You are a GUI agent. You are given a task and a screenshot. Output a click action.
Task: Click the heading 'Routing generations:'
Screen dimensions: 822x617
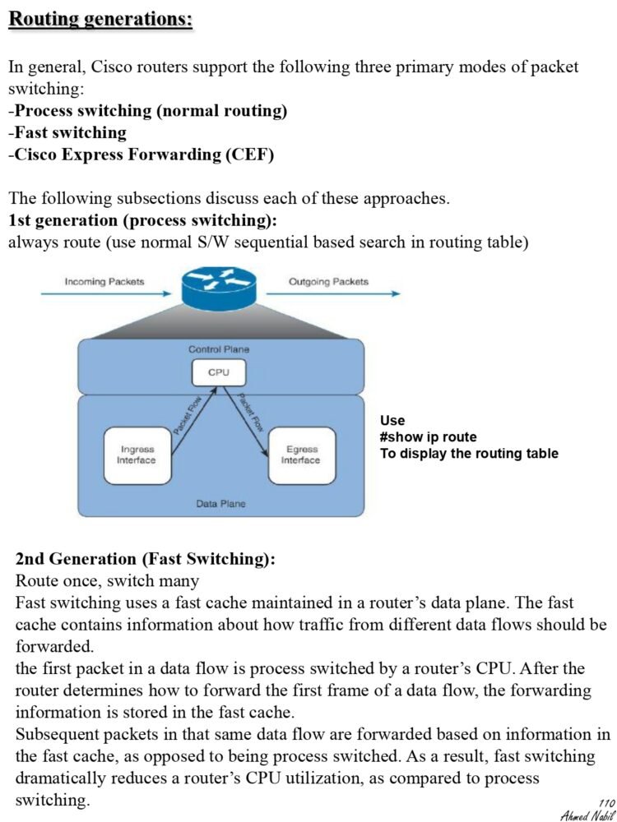[100, 18]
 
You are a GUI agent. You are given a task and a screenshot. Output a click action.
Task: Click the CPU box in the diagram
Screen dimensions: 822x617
[218, 372]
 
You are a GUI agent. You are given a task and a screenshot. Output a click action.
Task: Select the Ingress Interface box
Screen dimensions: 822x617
[137, 455]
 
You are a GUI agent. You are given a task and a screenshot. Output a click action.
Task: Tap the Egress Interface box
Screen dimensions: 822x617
[301, 455]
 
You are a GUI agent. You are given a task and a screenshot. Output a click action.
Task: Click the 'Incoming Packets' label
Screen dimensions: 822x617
[104, 282]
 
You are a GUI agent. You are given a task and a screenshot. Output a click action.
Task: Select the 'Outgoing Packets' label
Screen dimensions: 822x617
[328, 282]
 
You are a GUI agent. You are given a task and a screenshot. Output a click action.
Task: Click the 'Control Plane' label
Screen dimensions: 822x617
[218, 349]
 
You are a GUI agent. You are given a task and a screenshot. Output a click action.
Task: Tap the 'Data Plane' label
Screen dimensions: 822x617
[220, 503]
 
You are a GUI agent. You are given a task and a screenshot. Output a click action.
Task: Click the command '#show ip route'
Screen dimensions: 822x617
[428, 437]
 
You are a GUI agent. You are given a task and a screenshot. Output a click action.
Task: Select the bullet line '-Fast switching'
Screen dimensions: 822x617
[67, 132]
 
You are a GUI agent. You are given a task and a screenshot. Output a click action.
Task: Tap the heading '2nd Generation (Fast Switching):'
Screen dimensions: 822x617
[146, 559]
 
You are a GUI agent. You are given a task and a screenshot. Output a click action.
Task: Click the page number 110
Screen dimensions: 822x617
[607, 803]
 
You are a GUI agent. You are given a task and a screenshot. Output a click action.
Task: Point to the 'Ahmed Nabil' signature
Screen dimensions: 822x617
[587, 815]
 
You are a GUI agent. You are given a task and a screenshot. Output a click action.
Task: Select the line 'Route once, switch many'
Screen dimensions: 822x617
[107, 581]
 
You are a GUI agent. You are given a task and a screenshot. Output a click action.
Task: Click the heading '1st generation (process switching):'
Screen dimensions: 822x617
[142, 220]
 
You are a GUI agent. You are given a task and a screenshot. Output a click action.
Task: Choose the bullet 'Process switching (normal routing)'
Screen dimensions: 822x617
[148, 110]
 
